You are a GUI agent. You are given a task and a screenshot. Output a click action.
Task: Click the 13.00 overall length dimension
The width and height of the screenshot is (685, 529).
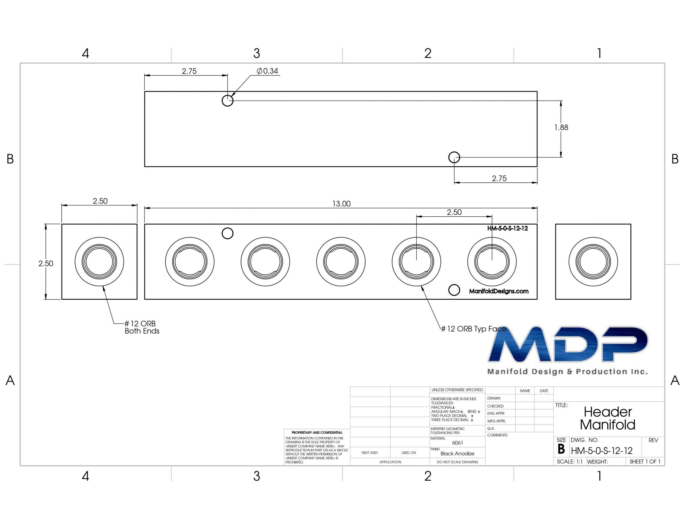(341, 204)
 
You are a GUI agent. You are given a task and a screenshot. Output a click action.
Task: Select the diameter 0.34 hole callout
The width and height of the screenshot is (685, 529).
(267, 71)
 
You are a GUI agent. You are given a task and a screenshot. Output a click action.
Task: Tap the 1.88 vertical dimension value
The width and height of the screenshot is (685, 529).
(561, 127)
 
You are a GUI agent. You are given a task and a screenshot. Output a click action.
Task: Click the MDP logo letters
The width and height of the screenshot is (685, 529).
(568, 344)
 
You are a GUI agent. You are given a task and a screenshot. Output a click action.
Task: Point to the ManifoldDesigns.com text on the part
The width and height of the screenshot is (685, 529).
(499, 291)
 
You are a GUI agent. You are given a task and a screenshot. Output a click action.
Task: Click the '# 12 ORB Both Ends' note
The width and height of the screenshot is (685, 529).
(142, 327)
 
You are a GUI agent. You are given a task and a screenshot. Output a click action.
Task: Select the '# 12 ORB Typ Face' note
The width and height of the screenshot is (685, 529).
(474, 329)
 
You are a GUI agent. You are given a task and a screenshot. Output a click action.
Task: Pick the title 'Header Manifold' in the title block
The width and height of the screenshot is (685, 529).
(607, 418)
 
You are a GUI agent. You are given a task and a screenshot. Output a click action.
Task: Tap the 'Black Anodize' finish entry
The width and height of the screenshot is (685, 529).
(457, 453)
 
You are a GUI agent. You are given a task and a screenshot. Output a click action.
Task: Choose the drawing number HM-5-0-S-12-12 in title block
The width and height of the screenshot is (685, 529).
(602, 451)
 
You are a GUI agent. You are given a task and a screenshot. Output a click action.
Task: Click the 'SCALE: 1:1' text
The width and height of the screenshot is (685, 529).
(570, 462)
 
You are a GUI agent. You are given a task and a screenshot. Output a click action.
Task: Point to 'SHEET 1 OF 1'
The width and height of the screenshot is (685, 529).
(645, 462)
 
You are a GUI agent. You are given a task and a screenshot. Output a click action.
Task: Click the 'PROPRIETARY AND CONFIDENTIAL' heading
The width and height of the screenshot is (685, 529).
(317, 432)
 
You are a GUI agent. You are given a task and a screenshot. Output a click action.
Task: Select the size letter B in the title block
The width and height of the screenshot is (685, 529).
(561, 449)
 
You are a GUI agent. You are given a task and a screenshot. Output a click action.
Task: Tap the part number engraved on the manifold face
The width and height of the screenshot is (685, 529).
(508, 228)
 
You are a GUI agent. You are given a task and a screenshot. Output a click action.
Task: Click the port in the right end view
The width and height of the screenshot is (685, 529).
(593, 262)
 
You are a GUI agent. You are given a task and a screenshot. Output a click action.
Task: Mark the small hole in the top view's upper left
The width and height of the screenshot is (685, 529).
(227, 101)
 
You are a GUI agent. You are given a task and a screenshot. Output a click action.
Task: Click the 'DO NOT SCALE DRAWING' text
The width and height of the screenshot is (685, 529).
(457, 462)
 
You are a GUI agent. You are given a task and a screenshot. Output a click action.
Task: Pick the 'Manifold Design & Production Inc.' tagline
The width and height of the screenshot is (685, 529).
(567, 371)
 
